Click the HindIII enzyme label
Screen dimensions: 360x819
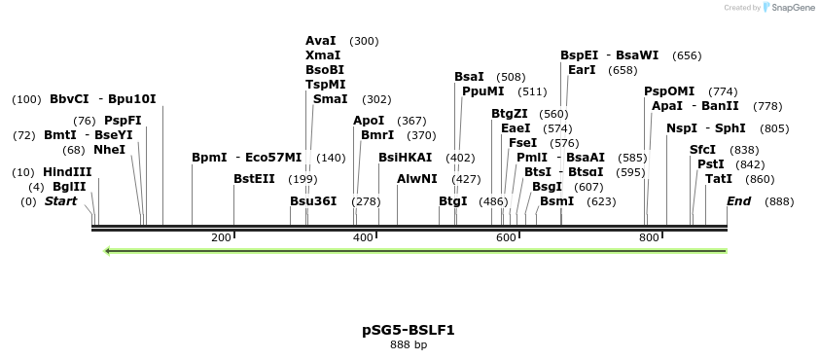(67, 172)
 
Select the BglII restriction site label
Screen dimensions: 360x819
(68, 187)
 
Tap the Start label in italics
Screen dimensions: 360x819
(60, 201)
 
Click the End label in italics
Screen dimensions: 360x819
(739, 201)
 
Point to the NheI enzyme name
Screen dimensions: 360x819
(109, 150)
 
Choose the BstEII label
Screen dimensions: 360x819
(255, 179)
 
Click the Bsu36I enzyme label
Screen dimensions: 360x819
(313, 201)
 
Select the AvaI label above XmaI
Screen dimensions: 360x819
(321, 41)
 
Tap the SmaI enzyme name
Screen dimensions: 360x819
(331, 99)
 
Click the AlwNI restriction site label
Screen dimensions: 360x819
(417, 179)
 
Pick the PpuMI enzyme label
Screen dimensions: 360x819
(483, 91)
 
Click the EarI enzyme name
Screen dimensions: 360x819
(582, 70)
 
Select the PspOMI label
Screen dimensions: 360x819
(669, 91)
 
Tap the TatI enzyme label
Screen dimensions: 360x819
(719, 179)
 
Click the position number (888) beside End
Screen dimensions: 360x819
(779, 201)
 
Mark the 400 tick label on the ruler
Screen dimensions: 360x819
(363, 237)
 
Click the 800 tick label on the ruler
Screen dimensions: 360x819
(649, 237)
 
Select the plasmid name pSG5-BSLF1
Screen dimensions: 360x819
(409, 330)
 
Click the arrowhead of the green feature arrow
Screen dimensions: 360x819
(108, 251)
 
